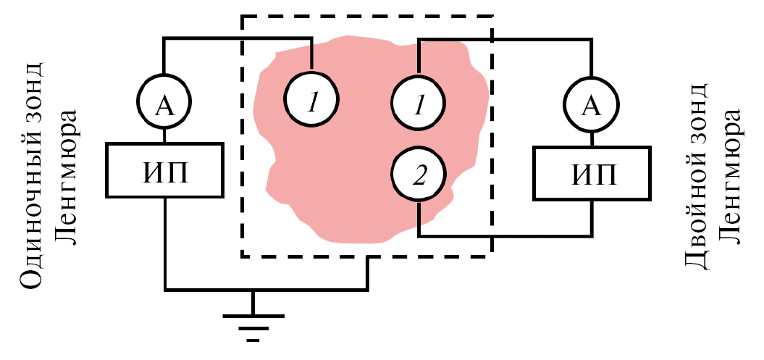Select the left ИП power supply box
click(x=164, y=169)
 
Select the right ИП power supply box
click(x=591, y=172)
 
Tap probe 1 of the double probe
click(x=419, y=106)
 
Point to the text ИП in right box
click(x=591, y=173)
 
